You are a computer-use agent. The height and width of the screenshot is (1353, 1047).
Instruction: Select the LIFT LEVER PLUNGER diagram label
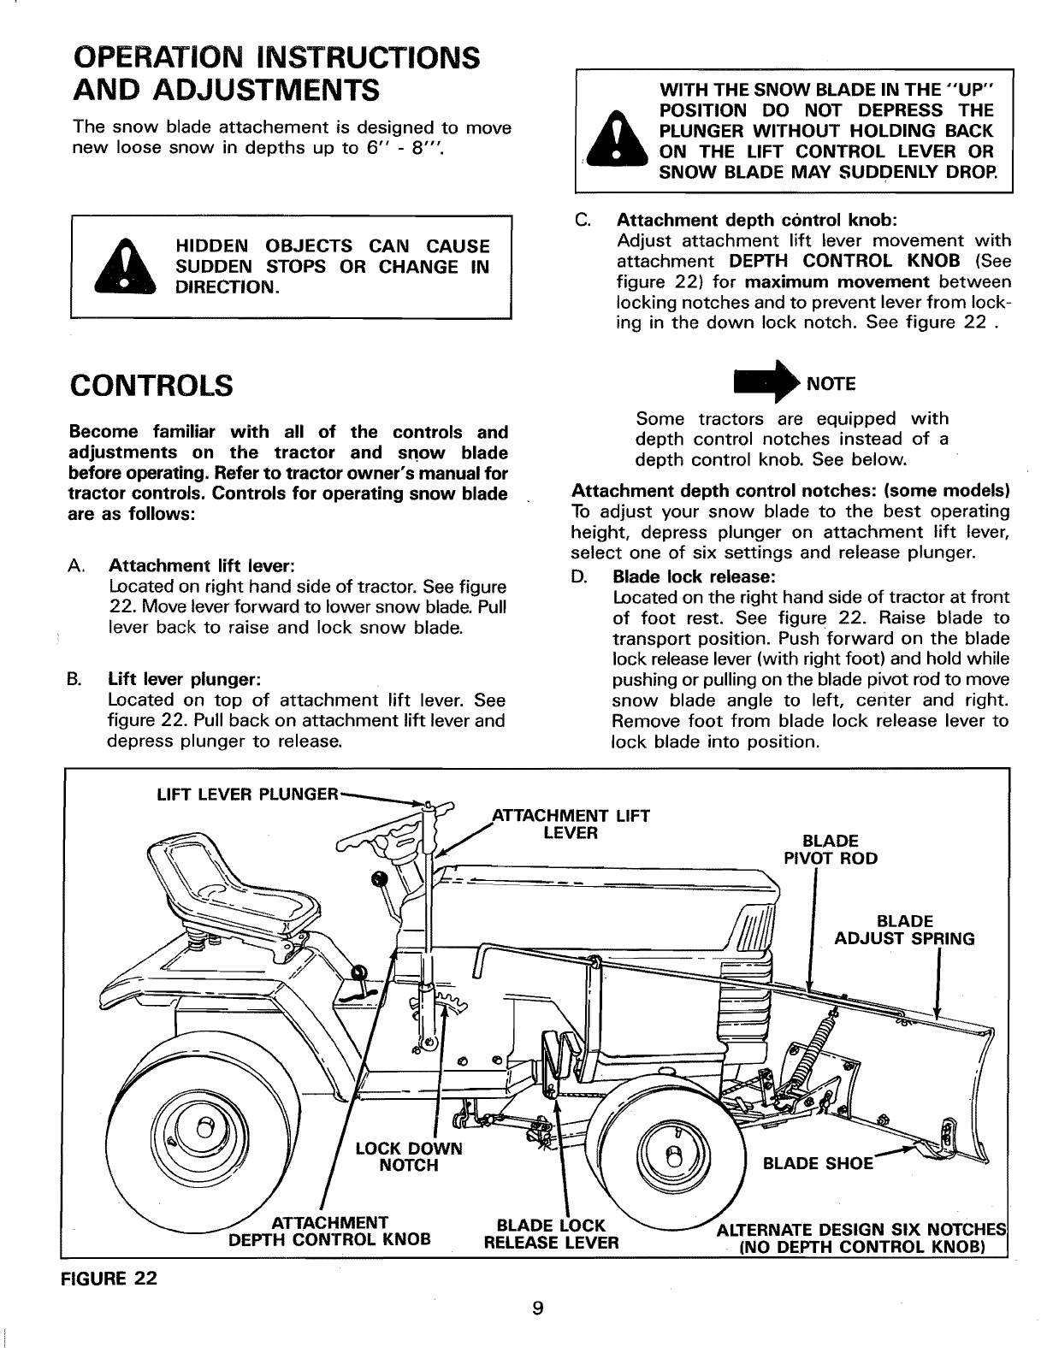[248, 794]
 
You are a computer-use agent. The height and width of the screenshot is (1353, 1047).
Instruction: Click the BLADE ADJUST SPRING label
[904, 930]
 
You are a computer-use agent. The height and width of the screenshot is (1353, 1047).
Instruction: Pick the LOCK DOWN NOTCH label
[408, 1156]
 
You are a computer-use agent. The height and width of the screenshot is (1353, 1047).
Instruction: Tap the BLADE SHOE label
[817, 1163]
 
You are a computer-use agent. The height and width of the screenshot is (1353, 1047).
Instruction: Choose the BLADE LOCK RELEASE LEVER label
[551, 1233]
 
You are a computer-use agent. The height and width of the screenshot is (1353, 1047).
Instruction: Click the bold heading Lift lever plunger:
[185, 680]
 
